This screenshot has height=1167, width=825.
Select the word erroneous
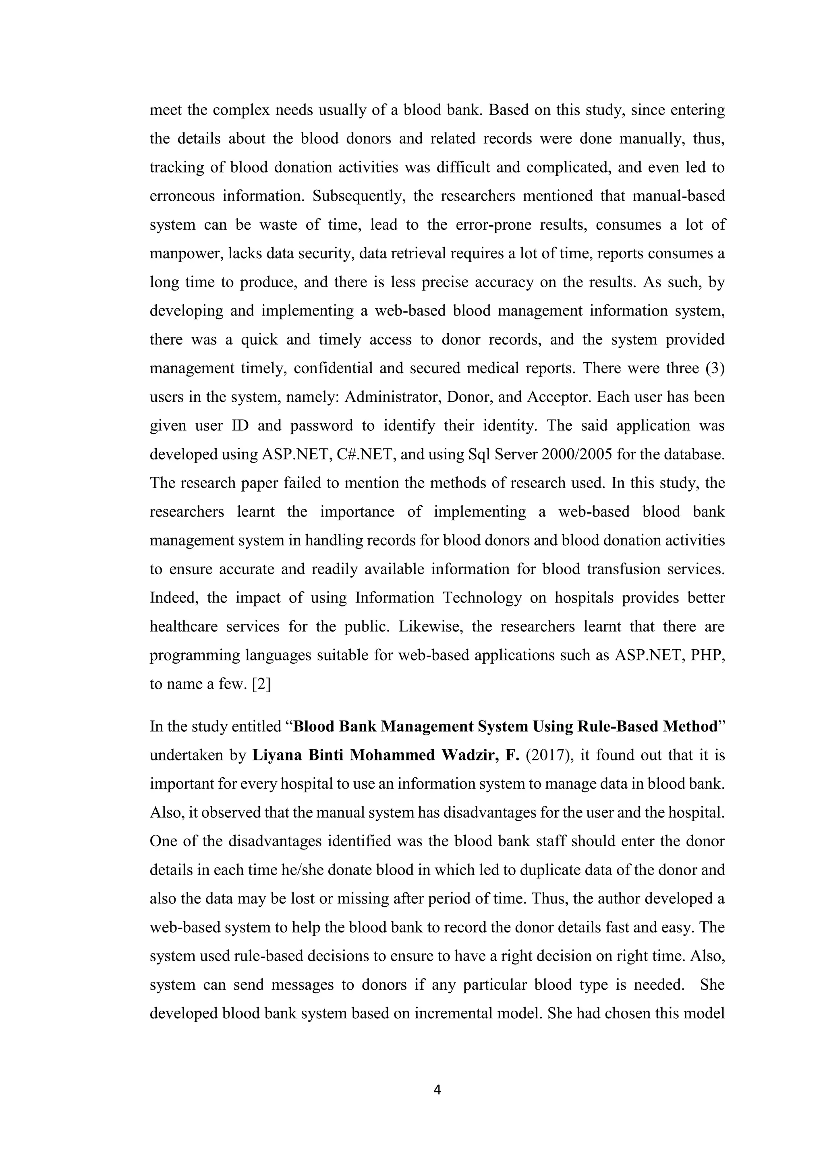click(181, 196)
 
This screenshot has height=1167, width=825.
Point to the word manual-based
click(679, 196)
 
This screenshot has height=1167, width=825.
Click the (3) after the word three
click(715, 368)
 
